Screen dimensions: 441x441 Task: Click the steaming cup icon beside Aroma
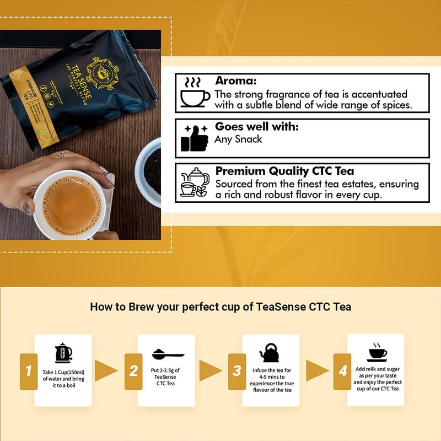tap(195, 93)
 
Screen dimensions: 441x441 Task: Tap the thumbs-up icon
tap(195, 138)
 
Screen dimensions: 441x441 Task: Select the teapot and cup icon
tap(194, 182)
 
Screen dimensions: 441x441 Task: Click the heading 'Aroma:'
tap(235, 81)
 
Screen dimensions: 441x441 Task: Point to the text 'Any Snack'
tap(238, 139)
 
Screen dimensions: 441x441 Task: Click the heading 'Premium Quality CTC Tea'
tap(284, 171)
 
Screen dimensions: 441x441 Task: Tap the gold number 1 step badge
tap(28, 370)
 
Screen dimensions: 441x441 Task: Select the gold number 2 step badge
tap(133, 371)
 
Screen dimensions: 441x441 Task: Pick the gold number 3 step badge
tap(237, 371)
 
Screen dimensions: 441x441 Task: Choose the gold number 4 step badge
tap(343, 370)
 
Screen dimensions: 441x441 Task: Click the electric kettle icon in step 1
tap(63, 353)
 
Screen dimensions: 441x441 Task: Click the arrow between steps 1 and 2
tap(105, 370)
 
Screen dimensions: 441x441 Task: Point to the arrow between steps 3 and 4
tap(317, 370)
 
